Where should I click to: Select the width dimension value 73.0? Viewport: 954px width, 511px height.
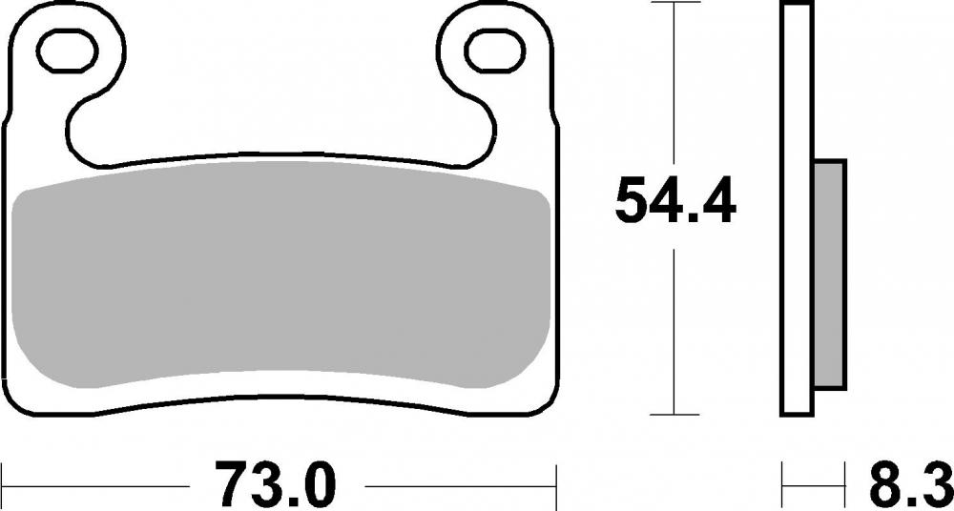point(277,485)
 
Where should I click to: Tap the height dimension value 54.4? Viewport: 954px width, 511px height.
point(675,200)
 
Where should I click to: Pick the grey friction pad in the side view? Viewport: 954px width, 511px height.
point(830,274)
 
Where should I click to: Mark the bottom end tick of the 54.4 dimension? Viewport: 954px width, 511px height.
point(675,415)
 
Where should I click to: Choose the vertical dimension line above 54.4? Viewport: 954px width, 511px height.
point(675,86)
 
